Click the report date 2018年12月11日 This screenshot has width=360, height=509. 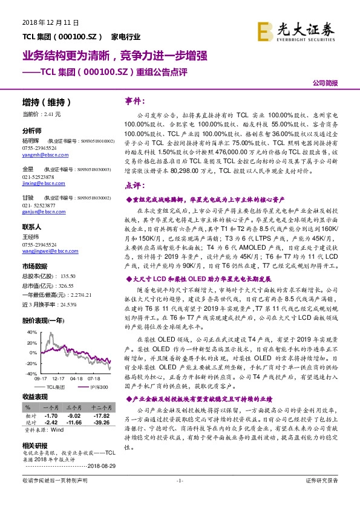(42, 22)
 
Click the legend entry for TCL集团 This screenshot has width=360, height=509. (56, 386)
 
